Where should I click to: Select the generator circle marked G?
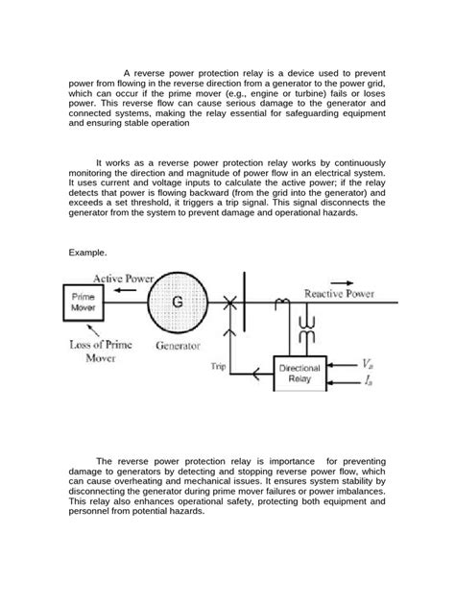(x=177, y=301)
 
